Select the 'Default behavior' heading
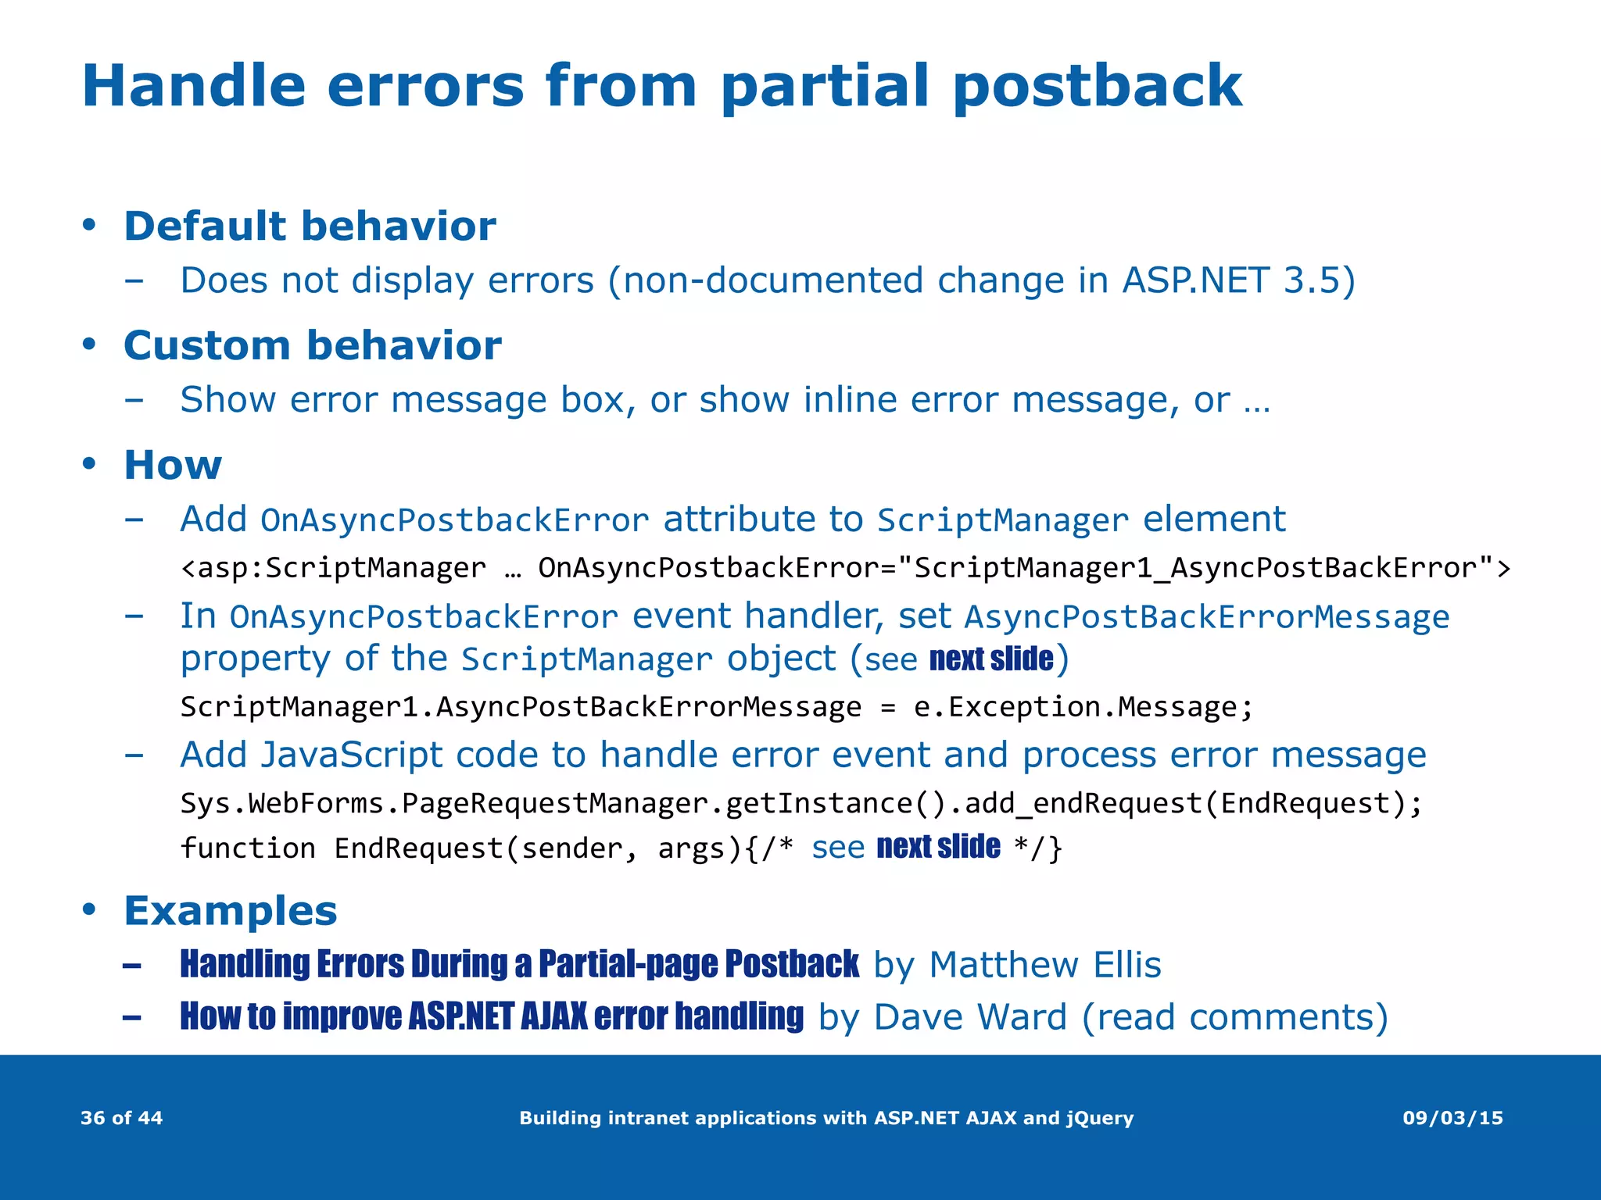[x=310, y=227]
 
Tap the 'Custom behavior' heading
[x=312, y=346]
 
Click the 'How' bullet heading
[x=173, y=466]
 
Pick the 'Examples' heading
[x=230, y=911]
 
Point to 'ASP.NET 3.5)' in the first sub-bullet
[x=1238, y=280]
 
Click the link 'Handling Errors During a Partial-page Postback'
[x=519, y=964]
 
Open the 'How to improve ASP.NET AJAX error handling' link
[x=492, y=1017]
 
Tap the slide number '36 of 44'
[x=121, y=1118]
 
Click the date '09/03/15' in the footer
[x=1452, y=1118]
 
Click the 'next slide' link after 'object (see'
[x=991, y=659]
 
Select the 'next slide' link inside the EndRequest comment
[x=938, y=848]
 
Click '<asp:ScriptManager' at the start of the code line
[x=333, y=568]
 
